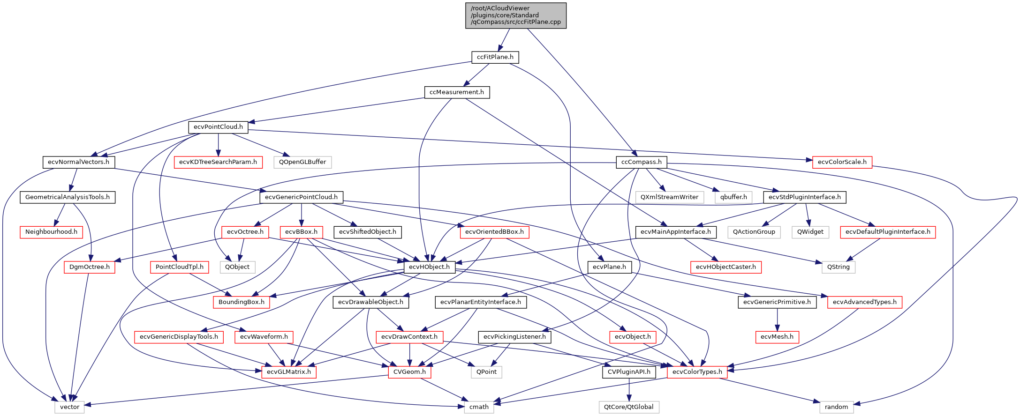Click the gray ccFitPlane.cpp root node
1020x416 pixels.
click(516, 15)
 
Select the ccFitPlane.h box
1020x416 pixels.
click(495, 57)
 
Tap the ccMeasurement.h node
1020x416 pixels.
click(456, 92)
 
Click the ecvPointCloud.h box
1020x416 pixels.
click(218, 127)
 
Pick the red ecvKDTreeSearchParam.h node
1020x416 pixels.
click(218, 162)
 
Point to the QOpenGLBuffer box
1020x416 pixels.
click(302, 162)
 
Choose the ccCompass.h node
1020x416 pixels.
click(641, 162)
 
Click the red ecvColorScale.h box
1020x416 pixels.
click(842, 162)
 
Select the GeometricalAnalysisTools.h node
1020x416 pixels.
click(68, 197)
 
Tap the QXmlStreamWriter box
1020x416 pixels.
click(669, 197)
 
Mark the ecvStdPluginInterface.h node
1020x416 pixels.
click(804, 197)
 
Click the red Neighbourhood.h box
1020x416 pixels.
click(51, 232)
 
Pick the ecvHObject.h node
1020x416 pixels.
click(429, 267)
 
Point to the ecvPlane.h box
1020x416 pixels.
click(609, 267)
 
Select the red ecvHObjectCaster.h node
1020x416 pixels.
click(725, 267)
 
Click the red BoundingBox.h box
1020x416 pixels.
click(241, 302)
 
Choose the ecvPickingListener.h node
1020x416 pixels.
click(514, 337)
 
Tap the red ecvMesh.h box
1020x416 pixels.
click(777, 337)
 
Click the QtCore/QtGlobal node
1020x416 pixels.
click(628, 407)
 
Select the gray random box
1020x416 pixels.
click(836, 407)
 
